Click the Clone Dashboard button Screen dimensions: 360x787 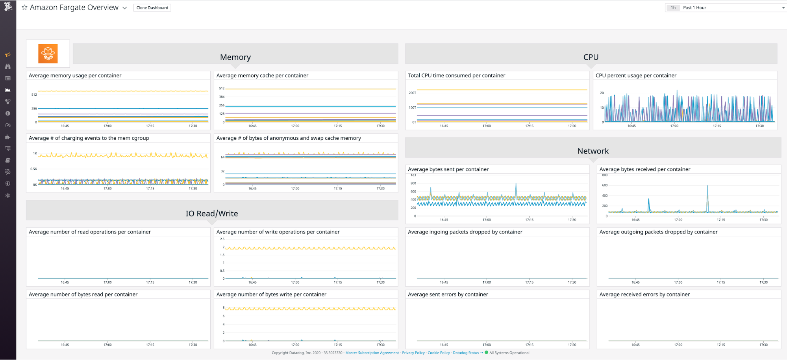coord(152,8)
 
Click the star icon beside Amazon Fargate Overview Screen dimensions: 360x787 coord(24,7)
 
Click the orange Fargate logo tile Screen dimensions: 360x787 coord(48,54)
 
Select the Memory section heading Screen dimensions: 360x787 coord(235,57)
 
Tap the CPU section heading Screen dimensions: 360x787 coord(591,57)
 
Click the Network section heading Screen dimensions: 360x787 coord(593,151)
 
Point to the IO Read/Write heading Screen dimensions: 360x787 coord(212,213)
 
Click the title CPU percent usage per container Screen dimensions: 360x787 coord(636,76)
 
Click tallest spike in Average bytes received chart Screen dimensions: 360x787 coord(707,186)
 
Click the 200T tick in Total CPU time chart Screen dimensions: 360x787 coord(412,93)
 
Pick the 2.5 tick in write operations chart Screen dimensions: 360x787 coord(222,239)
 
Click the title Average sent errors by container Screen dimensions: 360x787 coord(448,295)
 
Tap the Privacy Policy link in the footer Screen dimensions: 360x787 coord(413,353)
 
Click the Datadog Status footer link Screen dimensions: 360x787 coord(466,353)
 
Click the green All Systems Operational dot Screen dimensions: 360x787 coord(487,353)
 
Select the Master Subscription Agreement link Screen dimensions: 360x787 coord(372,353)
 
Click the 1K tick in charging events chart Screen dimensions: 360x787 coord(35,153)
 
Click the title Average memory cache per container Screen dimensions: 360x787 coord(262,76)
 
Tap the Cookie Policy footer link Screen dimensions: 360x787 coord(439,353)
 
